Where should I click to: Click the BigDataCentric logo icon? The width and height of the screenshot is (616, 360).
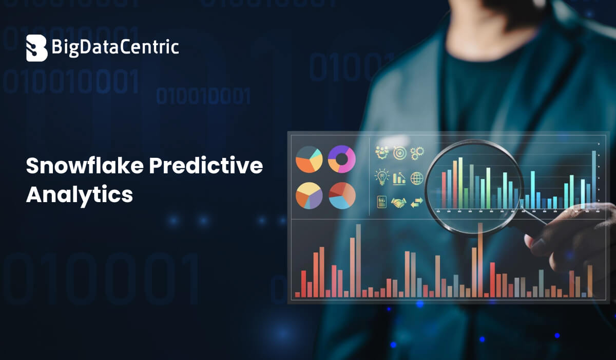pos(36,48)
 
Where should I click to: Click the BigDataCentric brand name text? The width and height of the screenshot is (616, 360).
pos(115,48)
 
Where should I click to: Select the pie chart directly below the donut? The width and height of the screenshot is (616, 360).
pos(342,195)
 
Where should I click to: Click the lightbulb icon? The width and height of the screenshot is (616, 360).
pos(382,177)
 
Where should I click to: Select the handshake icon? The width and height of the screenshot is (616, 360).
pos(398,203)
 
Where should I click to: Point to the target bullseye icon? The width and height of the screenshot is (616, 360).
pos(399,152)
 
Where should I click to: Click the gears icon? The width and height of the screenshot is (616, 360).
pos(417,152)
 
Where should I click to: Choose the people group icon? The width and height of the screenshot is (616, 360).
pos(382,152)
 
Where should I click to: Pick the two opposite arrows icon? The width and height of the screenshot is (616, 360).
pos(416,202)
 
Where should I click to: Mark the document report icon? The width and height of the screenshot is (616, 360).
pos(382,202)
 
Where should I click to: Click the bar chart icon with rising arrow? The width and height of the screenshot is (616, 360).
pos(399,178)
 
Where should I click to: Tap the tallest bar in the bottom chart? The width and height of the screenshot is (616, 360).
pos(358,260)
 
